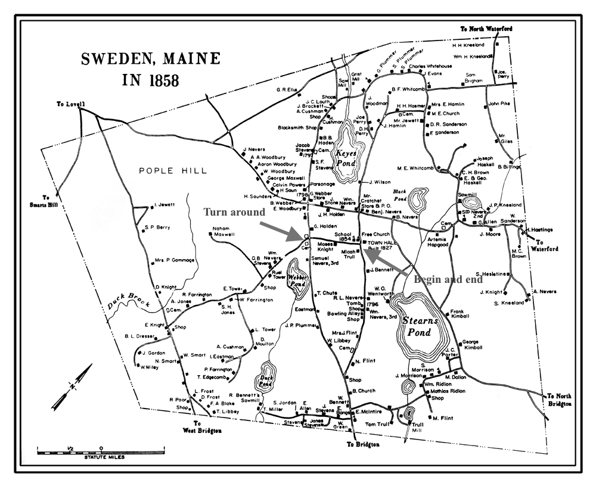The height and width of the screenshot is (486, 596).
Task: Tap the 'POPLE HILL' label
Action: coord(173,171)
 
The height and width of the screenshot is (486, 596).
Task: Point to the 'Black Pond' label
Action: coord(399,192)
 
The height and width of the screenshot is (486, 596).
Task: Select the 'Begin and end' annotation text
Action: coord(445,279)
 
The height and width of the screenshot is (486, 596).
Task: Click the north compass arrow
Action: coord(71,387)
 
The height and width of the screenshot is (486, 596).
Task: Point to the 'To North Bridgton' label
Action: coord(560,400)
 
